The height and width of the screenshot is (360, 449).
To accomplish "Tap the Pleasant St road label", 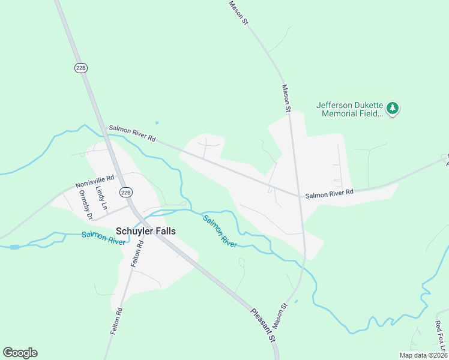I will (x=263, y=325).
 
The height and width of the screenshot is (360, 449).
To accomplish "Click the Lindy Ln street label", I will (x=101, y=197).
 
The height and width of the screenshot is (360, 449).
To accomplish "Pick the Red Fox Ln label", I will (x=440, y=337).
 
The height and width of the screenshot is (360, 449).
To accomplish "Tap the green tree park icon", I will (x=393, y=109).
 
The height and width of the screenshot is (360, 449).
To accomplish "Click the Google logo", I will (x=20, y=353).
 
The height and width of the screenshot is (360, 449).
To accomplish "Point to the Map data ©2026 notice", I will (x=423, y=355).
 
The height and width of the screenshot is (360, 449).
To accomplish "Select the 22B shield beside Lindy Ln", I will (x=125, y=192).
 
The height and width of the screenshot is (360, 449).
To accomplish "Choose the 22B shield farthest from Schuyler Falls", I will (x=81, y=68).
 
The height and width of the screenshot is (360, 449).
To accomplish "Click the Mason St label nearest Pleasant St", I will (x=280, y=315).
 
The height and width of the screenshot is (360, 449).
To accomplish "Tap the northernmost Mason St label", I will (x=238, y=12).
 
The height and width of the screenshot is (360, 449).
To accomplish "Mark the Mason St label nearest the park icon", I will (x=286, y=98).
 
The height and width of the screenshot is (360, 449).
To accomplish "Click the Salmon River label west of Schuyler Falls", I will (x=103, y=238).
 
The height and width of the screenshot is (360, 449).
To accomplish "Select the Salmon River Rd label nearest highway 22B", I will (x=132, y=134).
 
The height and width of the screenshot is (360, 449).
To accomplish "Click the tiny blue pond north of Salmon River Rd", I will (x=157, y=123).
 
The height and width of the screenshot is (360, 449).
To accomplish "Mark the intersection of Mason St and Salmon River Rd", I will (x=298, y=196).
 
